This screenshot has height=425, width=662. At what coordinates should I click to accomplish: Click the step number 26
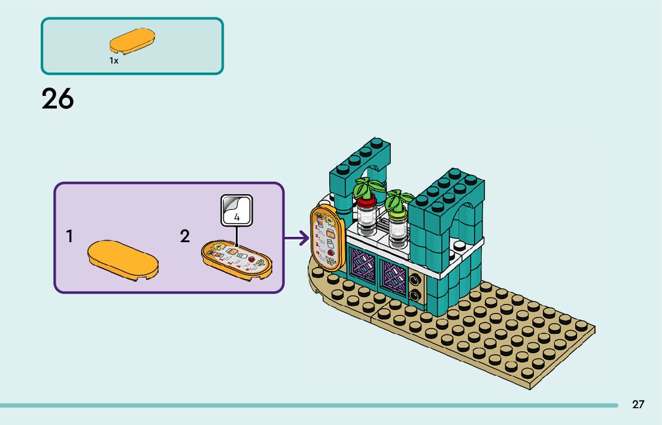57,99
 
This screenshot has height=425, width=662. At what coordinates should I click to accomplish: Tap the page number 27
638,404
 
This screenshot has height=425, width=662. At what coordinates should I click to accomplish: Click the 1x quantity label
114,61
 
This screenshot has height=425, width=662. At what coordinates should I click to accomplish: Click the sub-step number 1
70,237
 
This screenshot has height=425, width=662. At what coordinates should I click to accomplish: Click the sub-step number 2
185,237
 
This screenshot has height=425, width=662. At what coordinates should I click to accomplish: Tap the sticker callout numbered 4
236,211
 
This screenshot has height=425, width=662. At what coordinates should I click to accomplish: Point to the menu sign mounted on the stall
326,237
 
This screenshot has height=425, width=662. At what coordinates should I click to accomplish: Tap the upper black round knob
414,279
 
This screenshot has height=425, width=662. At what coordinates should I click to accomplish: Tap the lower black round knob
414,295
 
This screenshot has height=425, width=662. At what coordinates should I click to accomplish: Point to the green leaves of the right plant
399,200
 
